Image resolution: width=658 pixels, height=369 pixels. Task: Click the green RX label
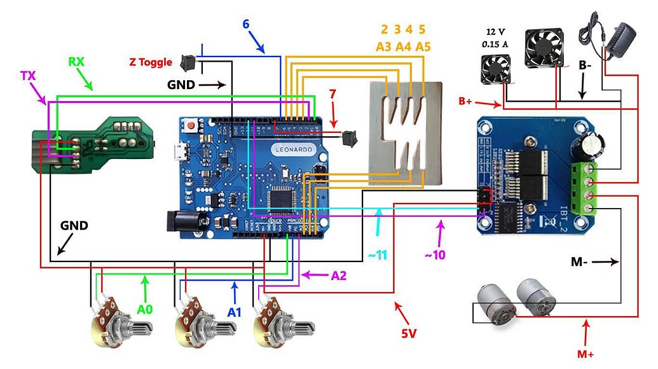coord(76,62)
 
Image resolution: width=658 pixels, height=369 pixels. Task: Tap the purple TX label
coord(27,74)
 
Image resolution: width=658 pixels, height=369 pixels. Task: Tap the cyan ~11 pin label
coord(376,255)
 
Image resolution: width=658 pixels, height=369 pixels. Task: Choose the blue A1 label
coord(234,312)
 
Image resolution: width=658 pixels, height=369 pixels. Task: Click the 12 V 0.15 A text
coord(496,38)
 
